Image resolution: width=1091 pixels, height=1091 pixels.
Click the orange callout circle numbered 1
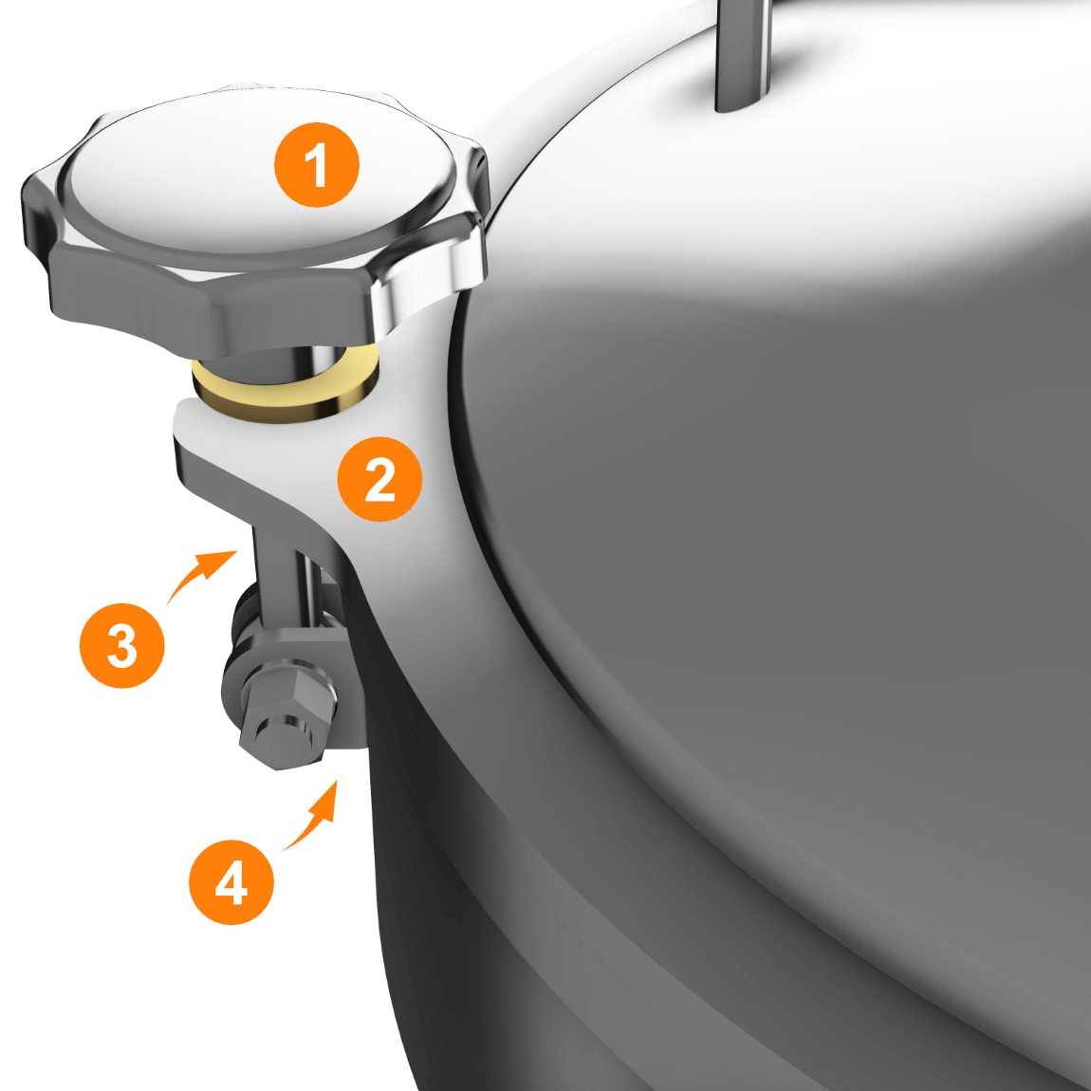(317, 165)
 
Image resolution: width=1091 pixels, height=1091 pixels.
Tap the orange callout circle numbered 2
(379, 479)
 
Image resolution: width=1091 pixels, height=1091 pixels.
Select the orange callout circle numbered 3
(122, 646)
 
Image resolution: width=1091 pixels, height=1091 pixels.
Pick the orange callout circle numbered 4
(231, 882)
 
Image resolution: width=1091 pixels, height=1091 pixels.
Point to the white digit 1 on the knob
(317, 165)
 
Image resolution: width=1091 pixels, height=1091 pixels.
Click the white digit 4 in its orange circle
(231, 882)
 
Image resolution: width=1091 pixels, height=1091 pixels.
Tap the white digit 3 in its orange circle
(122, 646)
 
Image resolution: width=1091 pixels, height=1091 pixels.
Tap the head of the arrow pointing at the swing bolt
(221, 563)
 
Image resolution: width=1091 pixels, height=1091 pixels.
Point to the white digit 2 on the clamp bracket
(379, 479)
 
